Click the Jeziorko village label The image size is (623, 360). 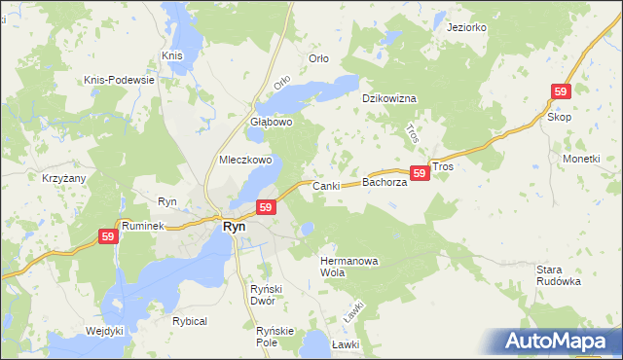point(466,27)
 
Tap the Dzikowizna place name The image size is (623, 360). point(389,99)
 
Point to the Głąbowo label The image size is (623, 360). point(272,123)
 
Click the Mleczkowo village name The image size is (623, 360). point(245,160)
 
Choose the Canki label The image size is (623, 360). point(324,185)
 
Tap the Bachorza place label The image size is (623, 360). point(384,182)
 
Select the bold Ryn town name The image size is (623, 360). point(235,226)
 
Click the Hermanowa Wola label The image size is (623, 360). point(347,267)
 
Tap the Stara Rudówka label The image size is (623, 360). point(558,274)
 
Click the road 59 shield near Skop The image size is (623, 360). point(560,91)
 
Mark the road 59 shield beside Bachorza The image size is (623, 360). point(420,173)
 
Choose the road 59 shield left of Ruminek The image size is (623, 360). point(108,236)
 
